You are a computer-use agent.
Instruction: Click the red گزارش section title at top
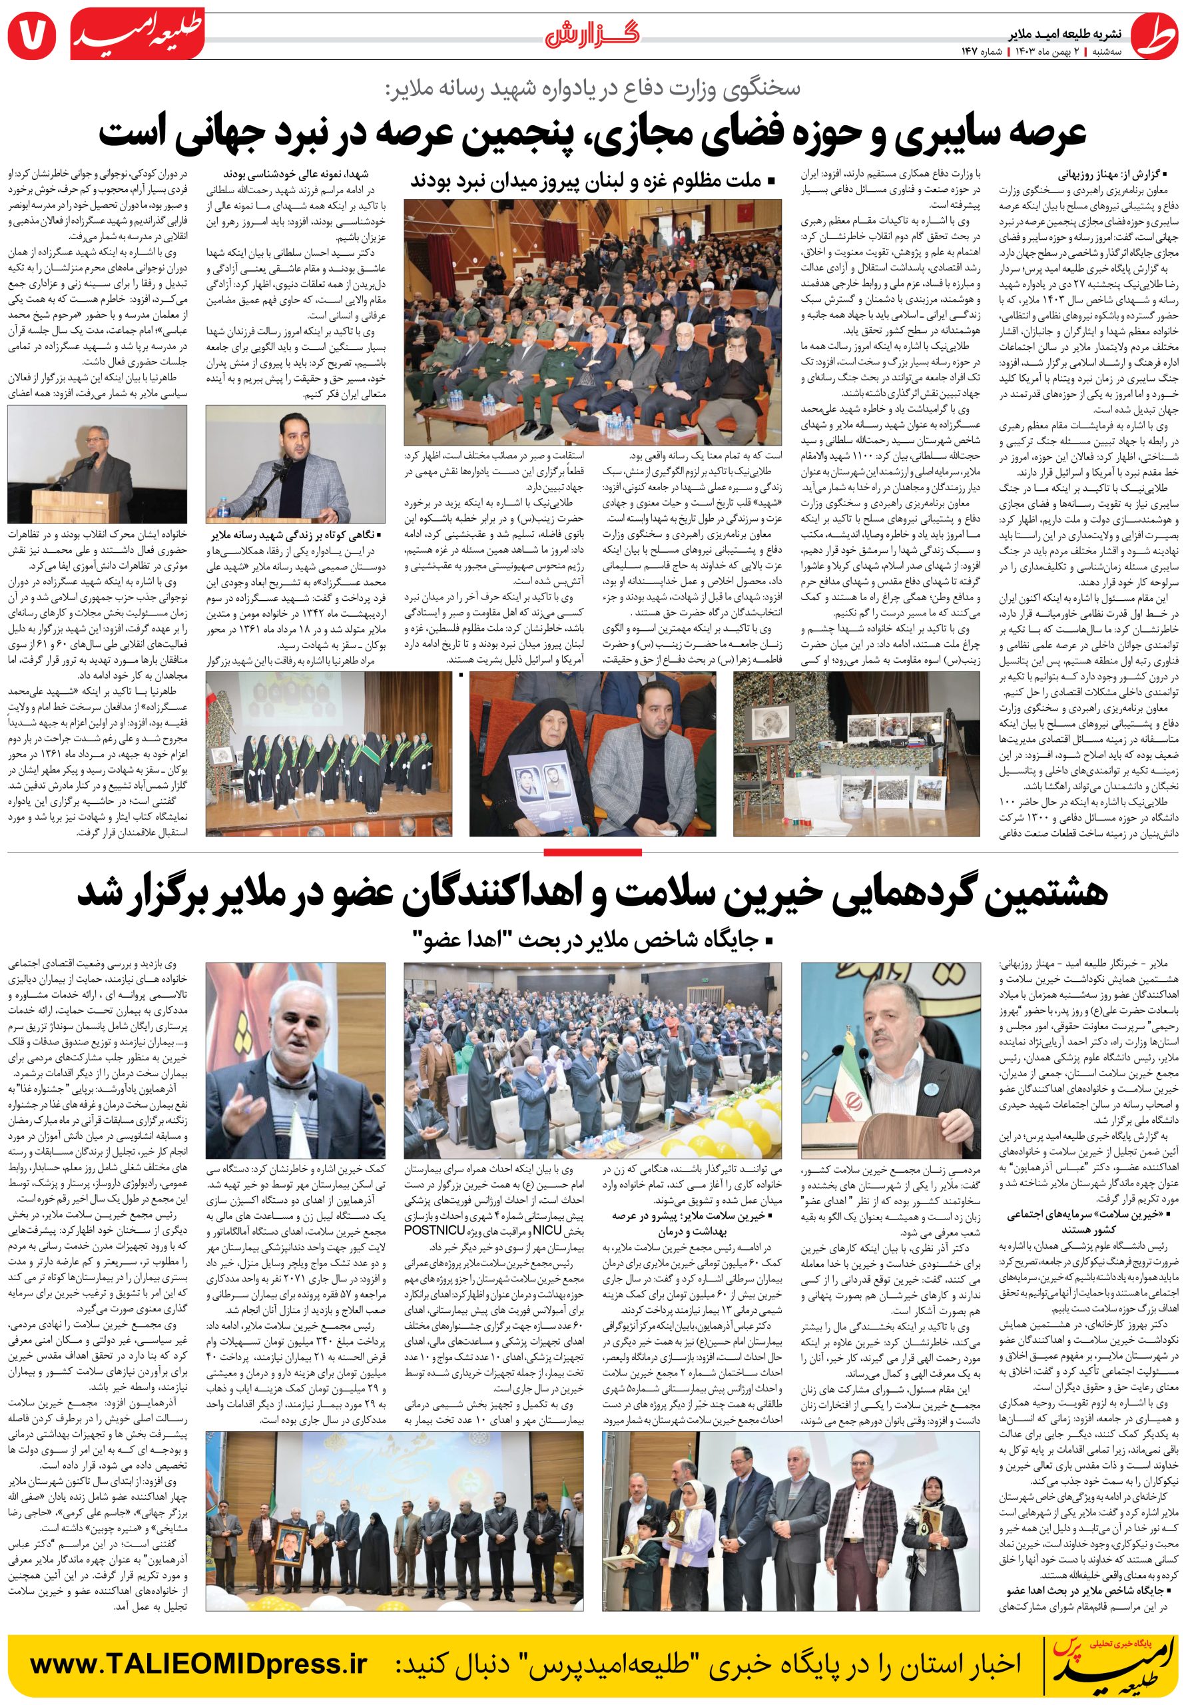(x=591, y=35)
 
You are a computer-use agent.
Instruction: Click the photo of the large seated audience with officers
(x=593, y=321)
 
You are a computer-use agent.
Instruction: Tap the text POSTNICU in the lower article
(x=434, y=1229)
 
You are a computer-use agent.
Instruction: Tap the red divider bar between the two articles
(x=593, y=851)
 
